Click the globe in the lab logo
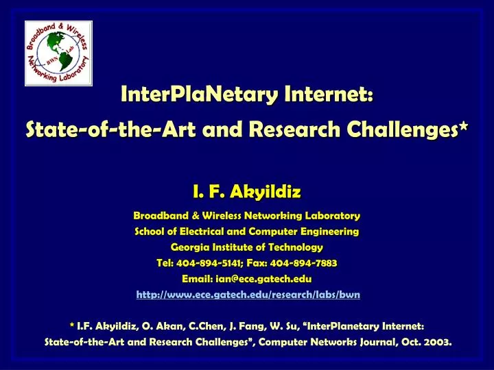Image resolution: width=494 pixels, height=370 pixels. click(58, 53)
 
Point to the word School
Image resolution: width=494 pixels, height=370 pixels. click(150, 231)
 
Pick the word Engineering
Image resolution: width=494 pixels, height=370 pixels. click(328, 231)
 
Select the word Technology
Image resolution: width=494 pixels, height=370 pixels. click(296, 247)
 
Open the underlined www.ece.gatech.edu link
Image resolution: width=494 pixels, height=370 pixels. click(247, 295)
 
